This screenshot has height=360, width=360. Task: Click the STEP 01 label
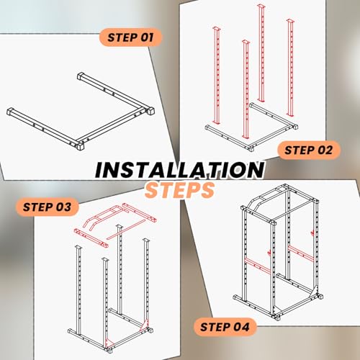click(130, 37)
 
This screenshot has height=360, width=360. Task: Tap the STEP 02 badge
click(309, 150)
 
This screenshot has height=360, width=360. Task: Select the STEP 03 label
click(48, 207)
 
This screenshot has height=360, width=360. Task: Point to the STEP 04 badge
click(225, 327)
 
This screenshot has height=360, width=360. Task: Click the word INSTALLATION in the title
click(179, 170)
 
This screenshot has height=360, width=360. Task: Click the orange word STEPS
click(179, 189)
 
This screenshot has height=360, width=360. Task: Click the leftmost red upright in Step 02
click(216, 76)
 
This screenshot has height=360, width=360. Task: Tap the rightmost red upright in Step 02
click(290, 68)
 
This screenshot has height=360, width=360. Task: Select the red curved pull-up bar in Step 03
click(103, 217)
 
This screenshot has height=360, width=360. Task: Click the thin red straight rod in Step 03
click(126, 229)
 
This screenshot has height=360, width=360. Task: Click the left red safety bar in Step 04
click(257, 264)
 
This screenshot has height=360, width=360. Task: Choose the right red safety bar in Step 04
click(301, 253)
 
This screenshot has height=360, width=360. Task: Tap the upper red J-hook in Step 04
click(312, 233)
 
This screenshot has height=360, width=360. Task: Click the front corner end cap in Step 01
click(80, 146)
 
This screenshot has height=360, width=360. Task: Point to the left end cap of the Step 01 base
click(10, 112)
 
